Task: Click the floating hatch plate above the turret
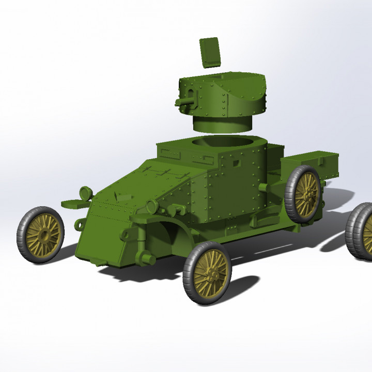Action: [209, 52]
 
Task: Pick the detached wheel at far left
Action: [40, 235]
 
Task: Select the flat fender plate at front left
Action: [72, 203]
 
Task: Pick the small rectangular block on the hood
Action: [122, 197]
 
